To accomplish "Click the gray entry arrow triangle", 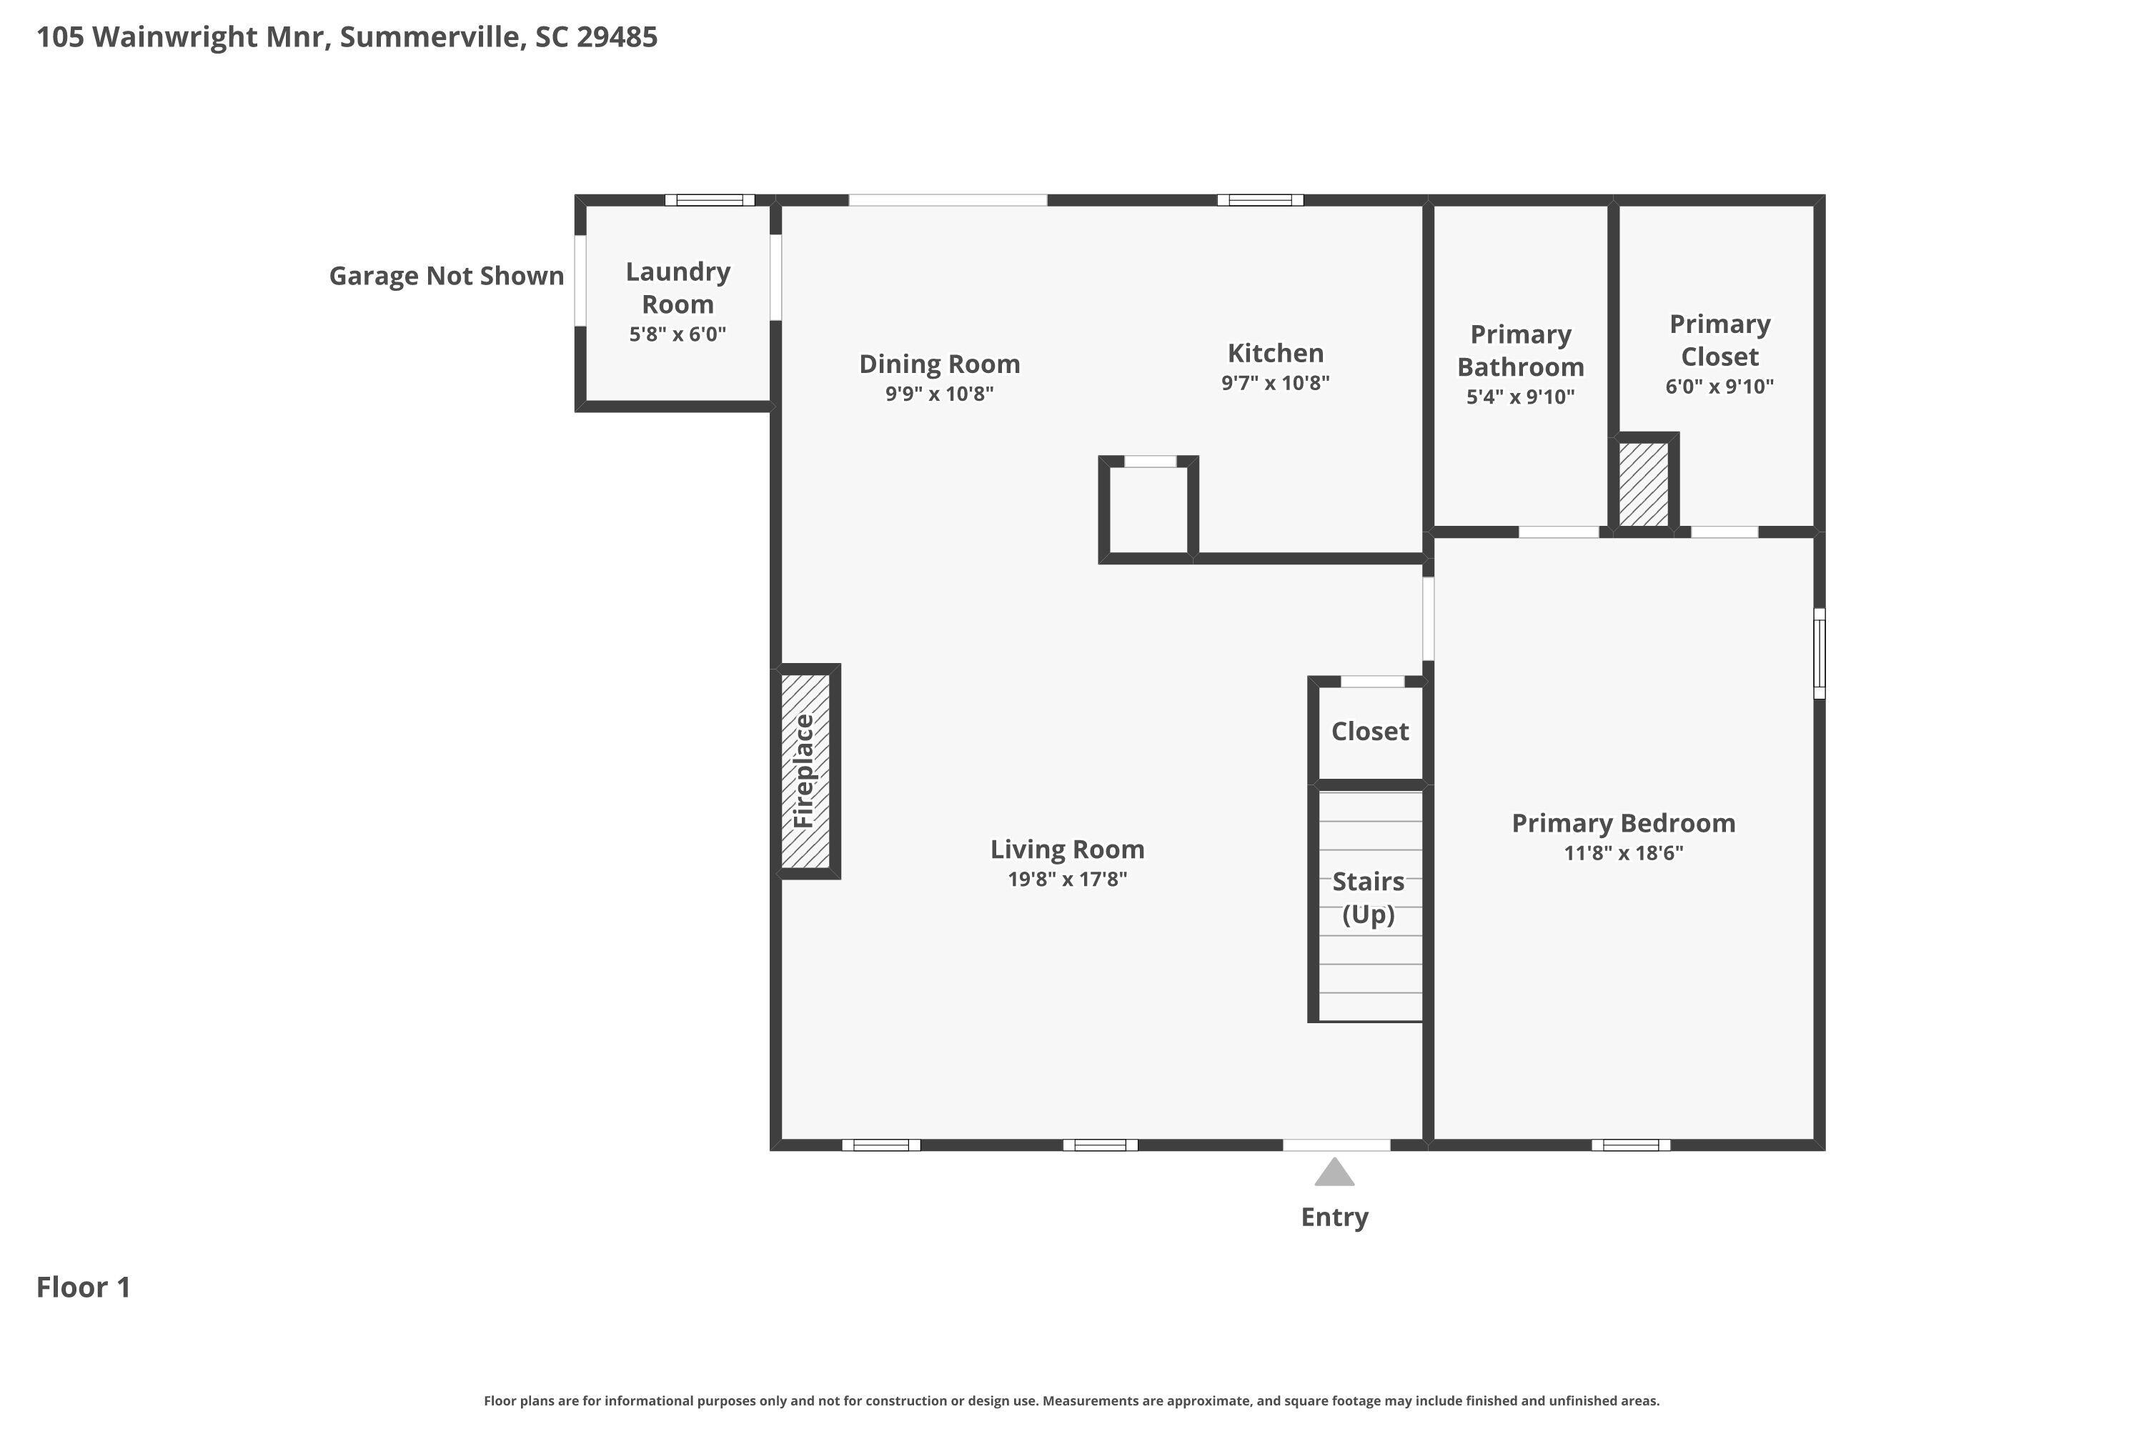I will (x=1334, y=1174).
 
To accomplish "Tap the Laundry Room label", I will (x=678, y=287).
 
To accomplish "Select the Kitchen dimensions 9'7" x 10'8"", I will (x=1274, y=383).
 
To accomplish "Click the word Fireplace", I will (x=803, y=771).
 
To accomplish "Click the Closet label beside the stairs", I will (x=1369, y=731).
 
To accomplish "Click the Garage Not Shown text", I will (x=446, y=275).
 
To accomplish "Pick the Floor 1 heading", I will (x=83, y=1287).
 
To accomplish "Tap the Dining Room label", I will (x=939, y=364).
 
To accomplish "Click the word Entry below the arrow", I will (x=1334, y=1218).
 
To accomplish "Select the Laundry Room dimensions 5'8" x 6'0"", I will (x=678, y=334).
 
